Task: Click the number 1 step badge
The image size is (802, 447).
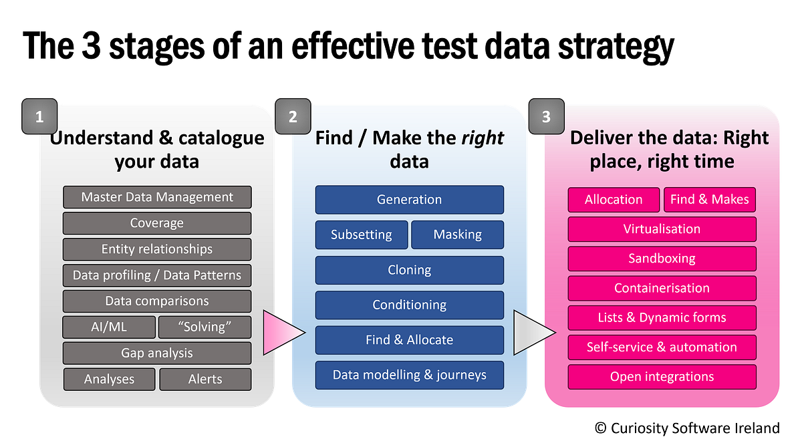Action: (39, 116)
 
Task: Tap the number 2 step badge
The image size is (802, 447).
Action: (293, 116)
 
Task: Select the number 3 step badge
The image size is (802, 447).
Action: (546, 116)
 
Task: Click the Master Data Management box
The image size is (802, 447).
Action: (157, 197)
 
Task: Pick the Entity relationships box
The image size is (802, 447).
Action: (157, 249)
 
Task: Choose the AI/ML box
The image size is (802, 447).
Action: (109, 327)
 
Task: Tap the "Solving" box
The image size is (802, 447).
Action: (205, 327)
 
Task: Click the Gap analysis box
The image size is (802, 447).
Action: (157, 353)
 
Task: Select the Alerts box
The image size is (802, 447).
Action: (205, 379)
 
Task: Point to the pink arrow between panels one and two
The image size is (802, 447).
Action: (281, 332)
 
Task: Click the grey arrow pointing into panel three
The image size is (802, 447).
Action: (532, 332)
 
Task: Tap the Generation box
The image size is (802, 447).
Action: (409, 200)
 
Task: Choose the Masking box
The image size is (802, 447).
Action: (457, 235)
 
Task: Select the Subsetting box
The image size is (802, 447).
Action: (362, 235)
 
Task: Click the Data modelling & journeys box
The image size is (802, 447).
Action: (409, 375)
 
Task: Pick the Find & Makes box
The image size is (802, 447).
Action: (710, 199)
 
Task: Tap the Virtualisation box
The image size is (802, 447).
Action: (662, 229)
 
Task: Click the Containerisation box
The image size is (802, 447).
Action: (662, 288)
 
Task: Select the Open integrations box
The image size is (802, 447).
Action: (662, 377)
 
